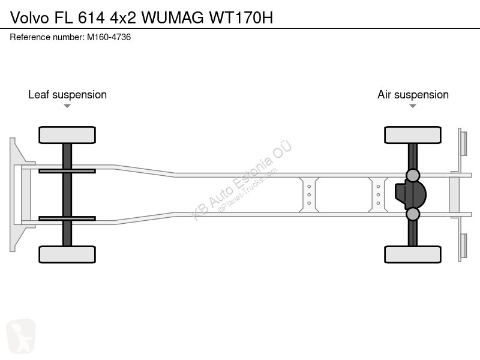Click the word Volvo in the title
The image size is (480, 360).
(x=29, y=18)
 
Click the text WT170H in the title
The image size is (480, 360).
(x=241, y=18)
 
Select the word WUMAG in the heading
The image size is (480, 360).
(x=173, y=18)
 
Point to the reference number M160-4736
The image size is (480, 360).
(x=109, y=37)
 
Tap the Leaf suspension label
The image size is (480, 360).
(x=67, y=95)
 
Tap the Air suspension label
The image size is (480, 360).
(x=413, y=95)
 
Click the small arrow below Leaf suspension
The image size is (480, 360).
(x=67, y=106)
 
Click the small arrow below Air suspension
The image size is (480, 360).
(x=413, y=106)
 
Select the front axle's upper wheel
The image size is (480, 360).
(x=67, y=135)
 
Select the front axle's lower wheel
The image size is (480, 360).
(x=67, y=254)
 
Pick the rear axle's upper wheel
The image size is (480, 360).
(x=413, y=135)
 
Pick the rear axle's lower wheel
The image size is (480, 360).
(x=413, y=254)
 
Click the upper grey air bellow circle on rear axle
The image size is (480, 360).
(x=413, y=175)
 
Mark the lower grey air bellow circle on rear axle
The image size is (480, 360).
(x=413, y=214)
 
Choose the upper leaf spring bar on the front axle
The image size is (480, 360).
(x=67, y=171)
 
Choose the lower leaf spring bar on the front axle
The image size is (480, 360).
(x=67, y=218)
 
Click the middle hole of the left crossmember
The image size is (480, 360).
(x=309, y=194)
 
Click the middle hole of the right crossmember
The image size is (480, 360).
(x=378, y=194)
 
